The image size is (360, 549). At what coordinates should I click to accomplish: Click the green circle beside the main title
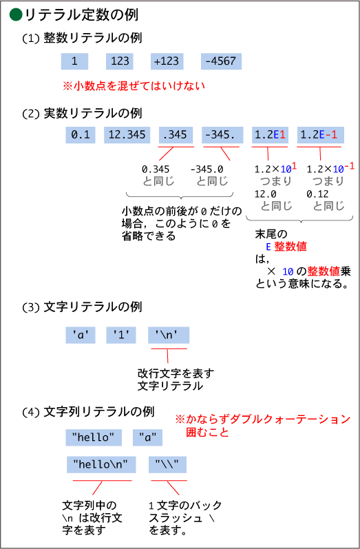[x=16, y=14]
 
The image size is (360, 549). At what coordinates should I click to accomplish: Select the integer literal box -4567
[x=221, y=61]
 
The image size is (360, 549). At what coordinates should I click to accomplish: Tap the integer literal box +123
[x=167, y=61]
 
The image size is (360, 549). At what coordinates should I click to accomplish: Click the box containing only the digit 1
[x=74, y=61]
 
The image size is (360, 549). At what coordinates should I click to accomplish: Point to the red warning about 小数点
[x=134, y=86]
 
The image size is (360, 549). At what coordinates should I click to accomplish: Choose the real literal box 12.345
[x=127, y=135]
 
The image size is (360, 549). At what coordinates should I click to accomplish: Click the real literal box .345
[x=176, y=135]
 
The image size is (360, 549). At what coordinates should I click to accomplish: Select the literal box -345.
[x=222, y=135]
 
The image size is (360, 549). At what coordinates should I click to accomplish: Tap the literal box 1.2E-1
[x=321, y=135]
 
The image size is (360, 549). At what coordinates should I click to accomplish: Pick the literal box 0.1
[x=81, y=135]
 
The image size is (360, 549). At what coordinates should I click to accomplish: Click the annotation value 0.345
[x=156, y=169]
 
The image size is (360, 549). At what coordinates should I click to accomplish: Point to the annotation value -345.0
[x=207, y=169]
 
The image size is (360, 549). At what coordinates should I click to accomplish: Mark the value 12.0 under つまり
[x=265, y=194]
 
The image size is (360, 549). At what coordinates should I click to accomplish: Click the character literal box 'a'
[x=81, y=335]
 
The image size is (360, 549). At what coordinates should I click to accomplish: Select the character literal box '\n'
[x=169, y=335]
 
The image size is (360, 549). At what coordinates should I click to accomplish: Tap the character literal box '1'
[x=121, y=335]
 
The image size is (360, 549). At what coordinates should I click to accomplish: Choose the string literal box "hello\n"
[x=101, y=465]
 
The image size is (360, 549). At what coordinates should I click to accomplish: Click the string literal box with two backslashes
[x=167, y=465]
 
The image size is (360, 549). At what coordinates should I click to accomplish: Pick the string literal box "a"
[x=147, y=437]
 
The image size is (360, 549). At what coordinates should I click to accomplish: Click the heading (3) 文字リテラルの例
[x=82, y=307]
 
